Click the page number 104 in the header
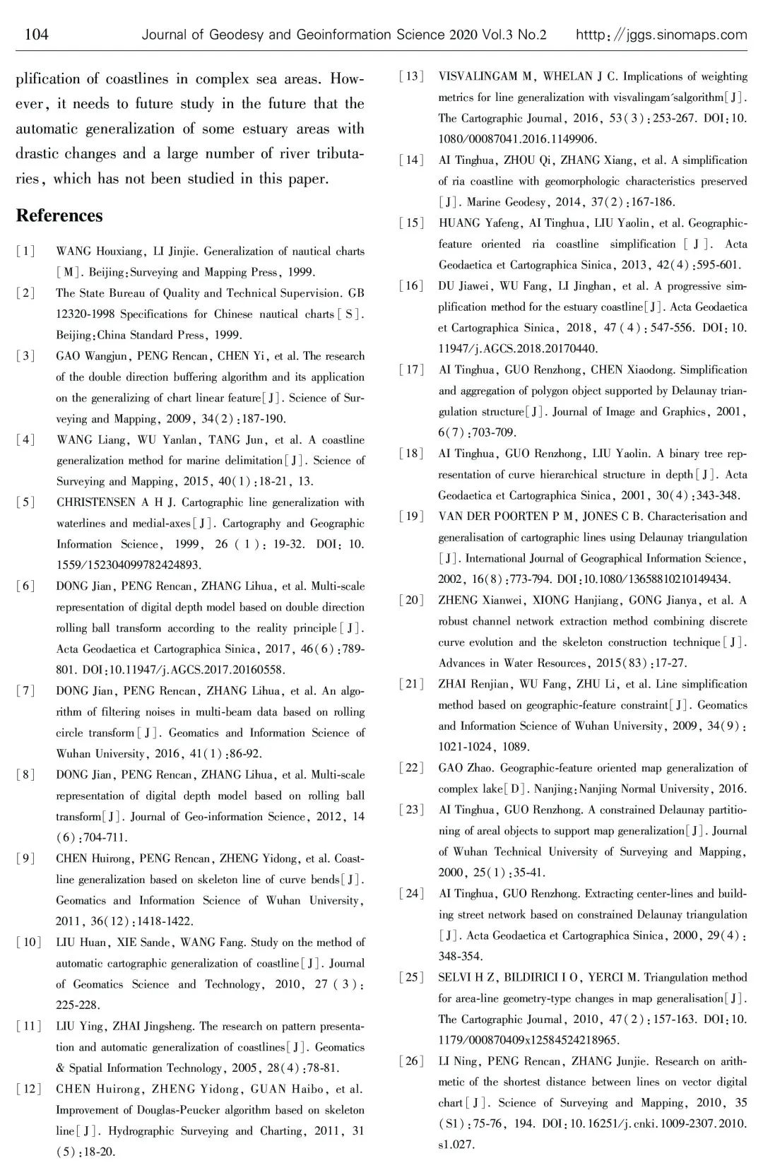(36, 35)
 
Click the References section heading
(59, 215)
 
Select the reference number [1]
(25, 252)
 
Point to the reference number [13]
(412, 76)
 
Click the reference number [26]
(412, 1061)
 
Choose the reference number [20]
(412, 601)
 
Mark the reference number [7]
(25, 691)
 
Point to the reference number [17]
(412, 370)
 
